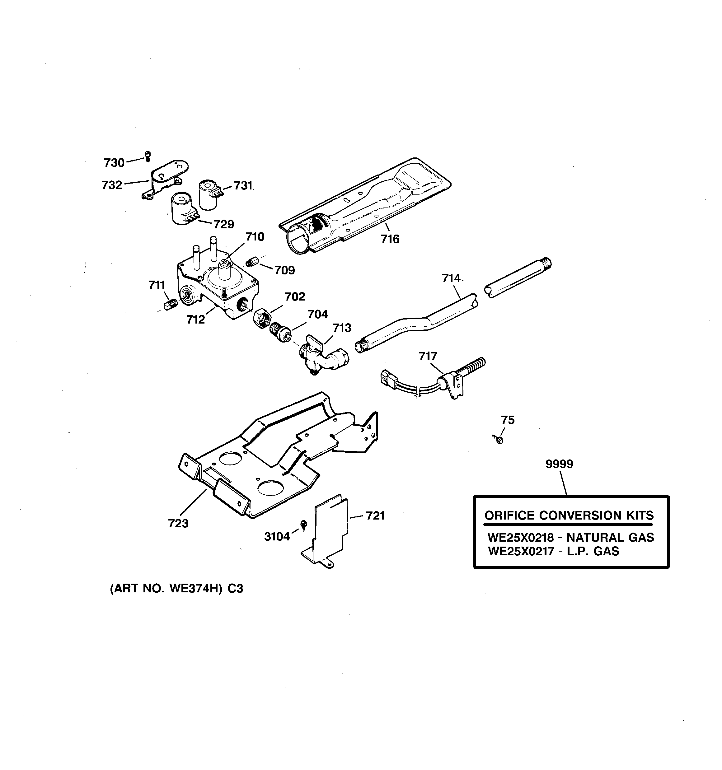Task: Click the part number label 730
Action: coord(114,163)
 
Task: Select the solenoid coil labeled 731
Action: coord(209,195)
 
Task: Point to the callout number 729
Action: coord(224,224)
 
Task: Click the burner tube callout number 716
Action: coord(390,239)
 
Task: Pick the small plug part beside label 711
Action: coord(171,304)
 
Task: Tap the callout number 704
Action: coord(317,314)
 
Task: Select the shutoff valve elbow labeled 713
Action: coord(322,355)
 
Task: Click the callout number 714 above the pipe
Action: coord(452,278)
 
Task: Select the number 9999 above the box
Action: coord(559,464)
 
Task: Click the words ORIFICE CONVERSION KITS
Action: coord(569,516)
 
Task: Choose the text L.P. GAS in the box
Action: coord(593,551)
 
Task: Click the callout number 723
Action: coord(178,524)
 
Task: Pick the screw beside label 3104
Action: coord(304,525)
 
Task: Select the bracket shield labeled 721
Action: coord(330,531)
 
